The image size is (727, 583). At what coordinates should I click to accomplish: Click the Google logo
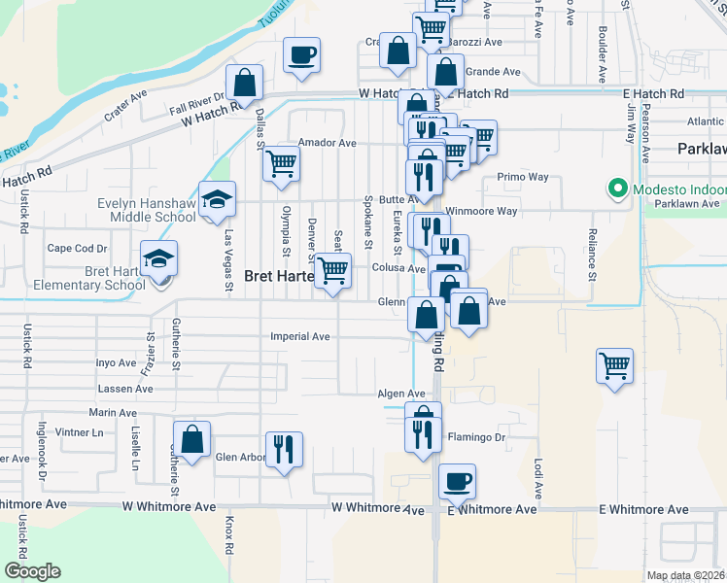click(x=32, y=571)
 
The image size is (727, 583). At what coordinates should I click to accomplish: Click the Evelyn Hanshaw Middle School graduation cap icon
click(x=218, y=201)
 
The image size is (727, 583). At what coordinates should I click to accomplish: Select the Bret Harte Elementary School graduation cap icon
click(x=158, y=259)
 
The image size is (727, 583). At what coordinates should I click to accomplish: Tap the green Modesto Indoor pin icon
click(x=615, y=189)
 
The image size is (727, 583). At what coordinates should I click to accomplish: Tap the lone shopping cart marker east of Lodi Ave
click(x=614, y=366)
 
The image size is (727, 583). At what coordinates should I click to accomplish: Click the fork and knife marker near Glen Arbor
click(x=283, y=449)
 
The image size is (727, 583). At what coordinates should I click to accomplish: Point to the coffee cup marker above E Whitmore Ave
click(x=456, y=480)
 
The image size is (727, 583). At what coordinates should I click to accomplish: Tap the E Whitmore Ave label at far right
click(x=643, y=509)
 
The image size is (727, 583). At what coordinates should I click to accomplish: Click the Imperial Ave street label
click(x=300, y=337)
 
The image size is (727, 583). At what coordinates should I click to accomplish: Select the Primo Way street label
click(x=523, y=178)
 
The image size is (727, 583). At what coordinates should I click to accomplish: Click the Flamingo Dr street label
click(x=476, y=437)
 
